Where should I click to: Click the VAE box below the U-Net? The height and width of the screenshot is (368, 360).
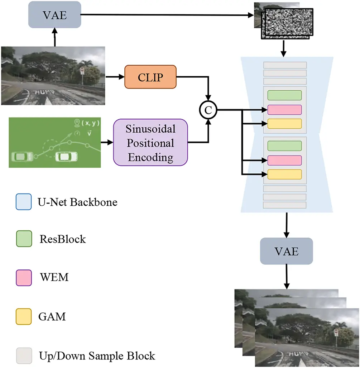tap(286, 251)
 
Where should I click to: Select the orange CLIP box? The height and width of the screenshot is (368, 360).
tap(150, 76)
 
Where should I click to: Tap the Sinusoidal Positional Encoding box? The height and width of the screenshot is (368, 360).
tap(150, 142)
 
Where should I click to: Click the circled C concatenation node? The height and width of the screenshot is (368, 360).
tap(208, 111)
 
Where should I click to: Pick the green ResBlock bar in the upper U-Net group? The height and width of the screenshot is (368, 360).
tap(285, 95)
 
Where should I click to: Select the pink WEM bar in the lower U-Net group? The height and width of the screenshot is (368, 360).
tap(285, 160)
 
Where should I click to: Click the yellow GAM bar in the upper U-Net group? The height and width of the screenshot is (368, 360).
tap(285, 123)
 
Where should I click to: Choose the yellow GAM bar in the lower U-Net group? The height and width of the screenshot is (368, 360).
tap(285, 174)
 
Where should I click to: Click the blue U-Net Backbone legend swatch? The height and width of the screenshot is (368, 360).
tap(23, 202)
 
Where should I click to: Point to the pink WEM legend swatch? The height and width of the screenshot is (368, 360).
tap(23, 278)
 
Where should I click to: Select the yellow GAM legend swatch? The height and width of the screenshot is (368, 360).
tap(23, 317)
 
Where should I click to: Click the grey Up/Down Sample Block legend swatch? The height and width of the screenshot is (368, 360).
tap(23, 355)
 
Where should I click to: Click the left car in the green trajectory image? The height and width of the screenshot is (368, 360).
tap(23, 156)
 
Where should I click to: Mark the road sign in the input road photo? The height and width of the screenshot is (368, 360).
tap(82, 71)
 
